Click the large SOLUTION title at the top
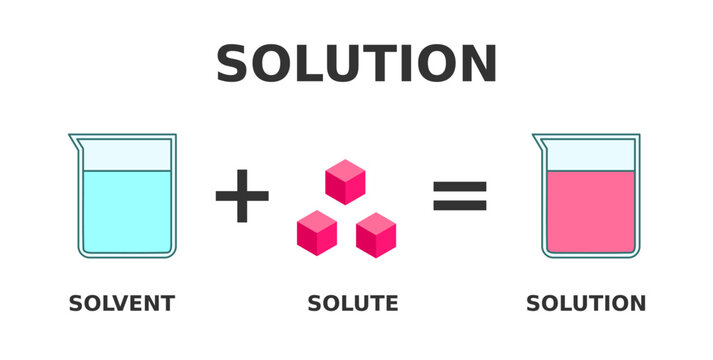(x=356, y=65)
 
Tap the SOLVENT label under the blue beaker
(x=121, y=303)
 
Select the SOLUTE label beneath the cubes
(x=353, y=303)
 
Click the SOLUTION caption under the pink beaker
(x=586, y=303)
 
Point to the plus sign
(x=242, y=196)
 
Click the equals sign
(x=459, y=196)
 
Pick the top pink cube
(x=345, y=182)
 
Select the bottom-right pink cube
(x=376, y=235)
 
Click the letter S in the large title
(x=237, y=65)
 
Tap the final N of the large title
(x=475, y=65)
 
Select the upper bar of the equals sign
(x=459, y=185)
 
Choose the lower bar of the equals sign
(x=459, y=207)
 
